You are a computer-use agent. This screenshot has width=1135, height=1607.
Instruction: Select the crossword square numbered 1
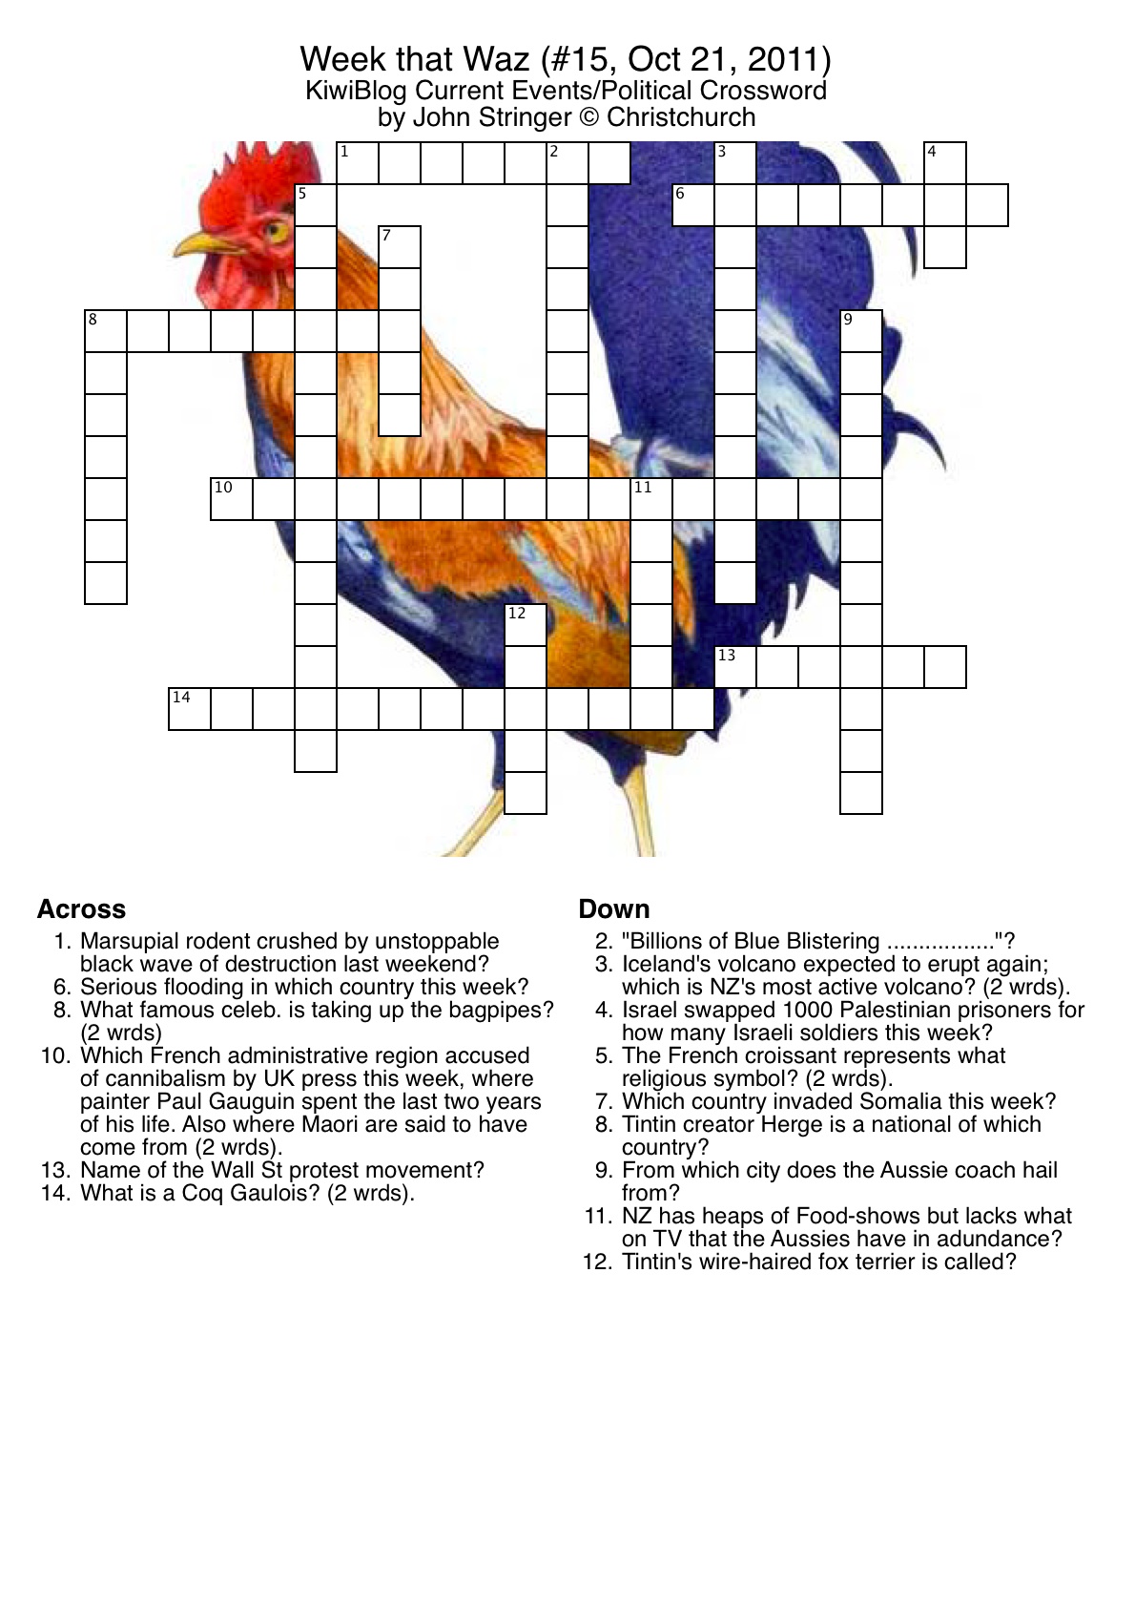tap(357, 163)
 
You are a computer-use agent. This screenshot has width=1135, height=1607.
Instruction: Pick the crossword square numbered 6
tap(693, 205)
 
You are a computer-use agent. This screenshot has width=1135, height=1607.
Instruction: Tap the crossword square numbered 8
tap(106, 331)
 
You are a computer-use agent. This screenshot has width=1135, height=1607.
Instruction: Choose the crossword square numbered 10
tap(232, 498)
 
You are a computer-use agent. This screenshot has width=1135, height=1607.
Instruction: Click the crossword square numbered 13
tap(735, 666)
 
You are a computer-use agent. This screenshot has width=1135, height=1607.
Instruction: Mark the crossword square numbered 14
tap(189, 709)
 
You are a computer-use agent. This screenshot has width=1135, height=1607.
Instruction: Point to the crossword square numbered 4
tap(945, 163)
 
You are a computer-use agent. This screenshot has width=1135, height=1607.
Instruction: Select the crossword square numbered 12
tap(526, 625)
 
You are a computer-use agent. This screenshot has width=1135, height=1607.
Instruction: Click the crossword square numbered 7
tap(400, 247)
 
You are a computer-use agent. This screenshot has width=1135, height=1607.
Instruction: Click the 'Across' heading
tap(81, 909)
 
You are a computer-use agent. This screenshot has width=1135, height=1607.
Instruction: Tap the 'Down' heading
tap(613, 909)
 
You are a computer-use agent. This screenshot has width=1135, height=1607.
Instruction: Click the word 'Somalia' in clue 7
tap(905, 1100)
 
